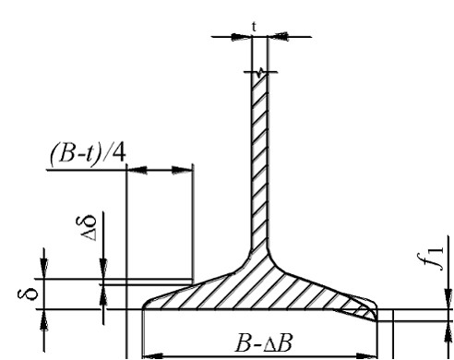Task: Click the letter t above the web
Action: (254, 27)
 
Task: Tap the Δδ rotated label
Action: (87, 228)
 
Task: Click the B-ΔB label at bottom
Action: (263, 342)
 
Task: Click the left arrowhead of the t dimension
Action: (241, 37)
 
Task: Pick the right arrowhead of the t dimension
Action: (278, 37)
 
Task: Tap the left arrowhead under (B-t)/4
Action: (137, 170)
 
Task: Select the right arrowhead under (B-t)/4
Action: (182, 170)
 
